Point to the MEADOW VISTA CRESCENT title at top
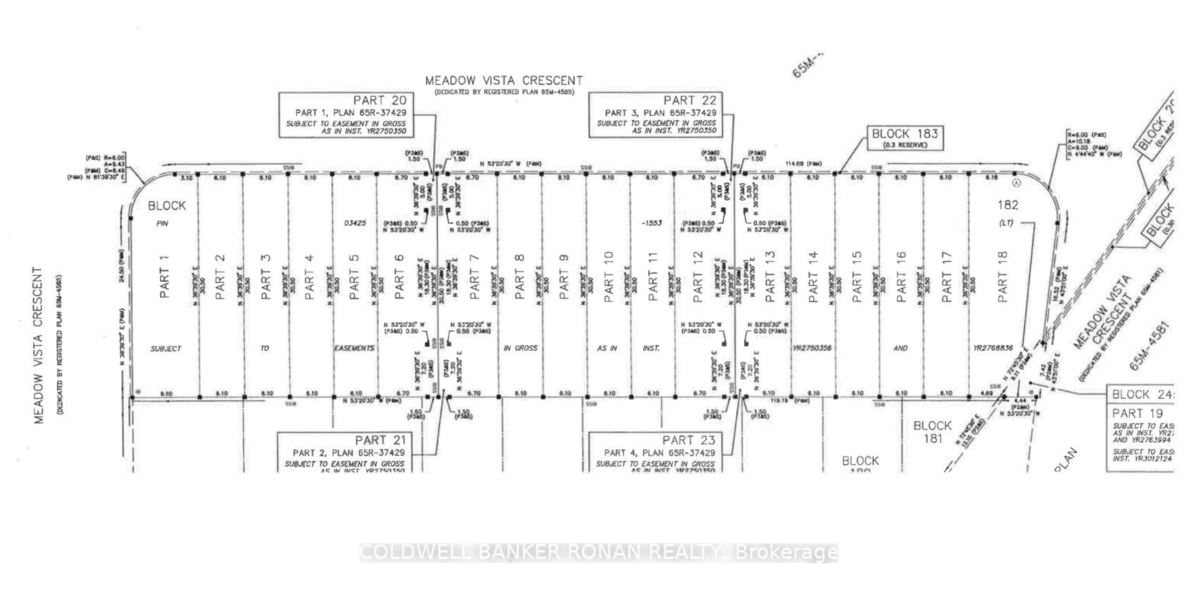(x=504, y=81)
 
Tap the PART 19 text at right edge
(x=1137, y=413)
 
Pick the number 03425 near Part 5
(x=355, y=223)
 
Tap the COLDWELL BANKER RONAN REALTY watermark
(x=599, y=552)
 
